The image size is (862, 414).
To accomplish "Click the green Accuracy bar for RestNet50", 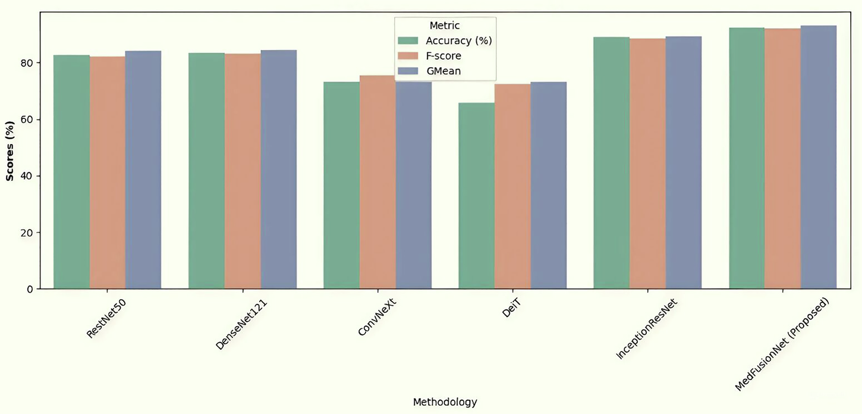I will pyautogui.click(x=71, y=172).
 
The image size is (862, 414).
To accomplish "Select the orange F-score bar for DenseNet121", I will pyautogui.click(x=243, y=172).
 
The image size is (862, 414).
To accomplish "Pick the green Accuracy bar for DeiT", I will pyautogui.click(x=476, y=196).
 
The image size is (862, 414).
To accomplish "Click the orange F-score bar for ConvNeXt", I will pyautogui.click(x=377, y=182).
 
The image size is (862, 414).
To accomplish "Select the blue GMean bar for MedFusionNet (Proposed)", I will pyautogui.click(x=818, y=158).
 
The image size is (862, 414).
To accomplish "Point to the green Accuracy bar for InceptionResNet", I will pyautogui.click(x=611, y=164).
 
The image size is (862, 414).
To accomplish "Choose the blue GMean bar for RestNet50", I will pyautogui.click(x=143, y=170).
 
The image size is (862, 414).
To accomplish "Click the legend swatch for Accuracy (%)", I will pyautogui.click(x=409, y=41).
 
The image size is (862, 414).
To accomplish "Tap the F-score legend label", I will pyautogui.click(x=443, y=56).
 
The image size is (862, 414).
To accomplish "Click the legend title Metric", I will pyautogui.click(x=445, y=26).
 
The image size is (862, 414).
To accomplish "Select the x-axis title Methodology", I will pyautogui.click(x=445, y=402).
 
